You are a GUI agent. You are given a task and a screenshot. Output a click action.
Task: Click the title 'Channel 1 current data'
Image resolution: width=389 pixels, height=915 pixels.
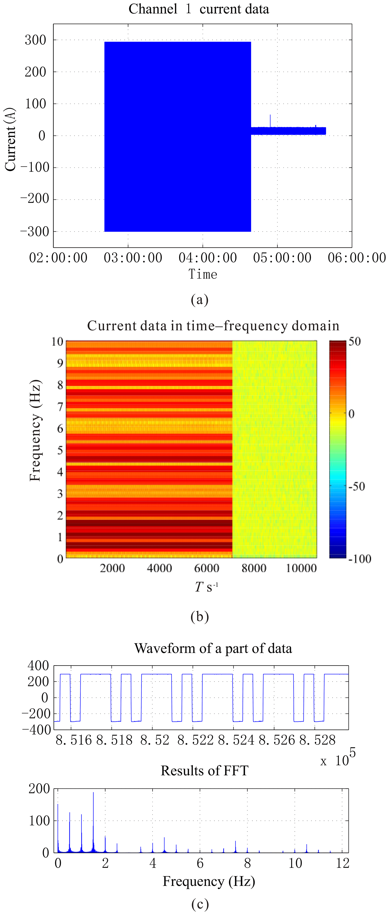(x=199, y=9)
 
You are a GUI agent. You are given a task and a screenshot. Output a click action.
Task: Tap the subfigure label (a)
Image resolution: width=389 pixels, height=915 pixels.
(x=199, y=300)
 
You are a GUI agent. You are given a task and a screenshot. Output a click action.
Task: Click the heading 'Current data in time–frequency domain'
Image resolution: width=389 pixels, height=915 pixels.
(x=213, y=326)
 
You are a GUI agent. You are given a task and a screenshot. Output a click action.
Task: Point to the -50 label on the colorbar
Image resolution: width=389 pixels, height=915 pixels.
(x=356, y=486)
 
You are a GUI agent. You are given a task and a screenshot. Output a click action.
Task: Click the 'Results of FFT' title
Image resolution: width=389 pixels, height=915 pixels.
(x=204, y=771)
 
